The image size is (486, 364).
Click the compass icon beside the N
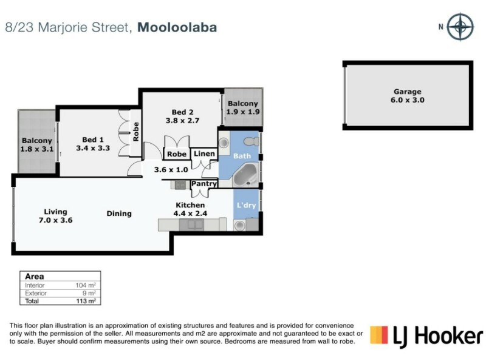(x=460, y=27)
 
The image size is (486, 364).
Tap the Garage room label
(x=407, y=92)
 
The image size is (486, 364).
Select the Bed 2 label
(x=183, y=112)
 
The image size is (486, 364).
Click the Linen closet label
(x=204, y=154)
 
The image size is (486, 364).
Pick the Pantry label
(x=204, y=183)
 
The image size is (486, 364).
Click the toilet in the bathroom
(x=250, y=142)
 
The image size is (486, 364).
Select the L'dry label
(x=247, y=205)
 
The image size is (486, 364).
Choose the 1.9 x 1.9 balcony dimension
(x=243, y=112)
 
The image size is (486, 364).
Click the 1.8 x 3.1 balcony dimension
(x=36, y=148)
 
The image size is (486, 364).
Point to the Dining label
(x=119, y=214)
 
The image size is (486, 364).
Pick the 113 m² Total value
(x=86, y=300)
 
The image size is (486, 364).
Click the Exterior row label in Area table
(x=35, y=292)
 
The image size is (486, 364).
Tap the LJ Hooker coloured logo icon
(x=378, y=335)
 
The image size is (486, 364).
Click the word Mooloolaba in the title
(x=177, y=27)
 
